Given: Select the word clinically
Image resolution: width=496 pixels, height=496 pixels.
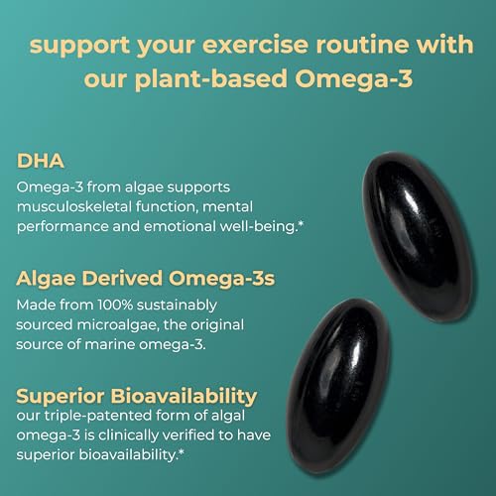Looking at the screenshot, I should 148,437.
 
